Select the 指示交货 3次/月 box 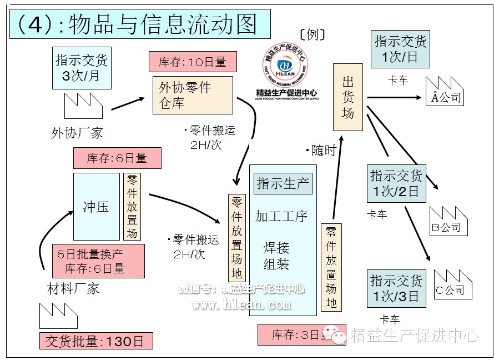tap(81, 67)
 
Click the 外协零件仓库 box tap(192, 95)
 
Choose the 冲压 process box tap(96, 207)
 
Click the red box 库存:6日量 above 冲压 tap(117, 158)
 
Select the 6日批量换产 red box tap(98, 261)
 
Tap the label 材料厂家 tap(73, 288)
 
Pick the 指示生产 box tap(283, 183)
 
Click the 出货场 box tap(347, 98)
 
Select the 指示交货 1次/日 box tap(400, 48)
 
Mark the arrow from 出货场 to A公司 tap(394, 98)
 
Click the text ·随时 tap(321, 151)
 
